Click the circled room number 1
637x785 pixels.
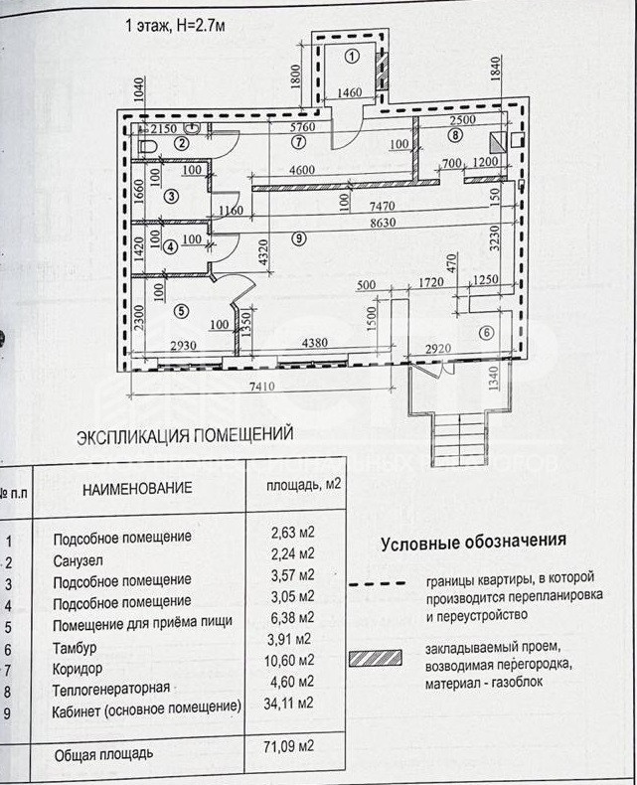pos(351,57)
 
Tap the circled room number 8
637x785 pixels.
pos(455,135)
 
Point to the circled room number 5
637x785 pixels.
pos(180,310)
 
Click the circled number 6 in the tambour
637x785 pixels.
pos(487,333)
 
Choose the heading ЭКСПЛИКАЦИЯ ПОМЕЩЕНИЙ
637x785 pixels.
pos(185,435)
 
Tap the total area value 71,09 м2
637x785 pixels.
pos(293,745)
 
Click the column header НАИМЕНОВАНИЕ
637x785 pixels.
pos(137,488)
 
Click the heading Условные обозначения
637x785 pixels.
pos(473,542)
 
